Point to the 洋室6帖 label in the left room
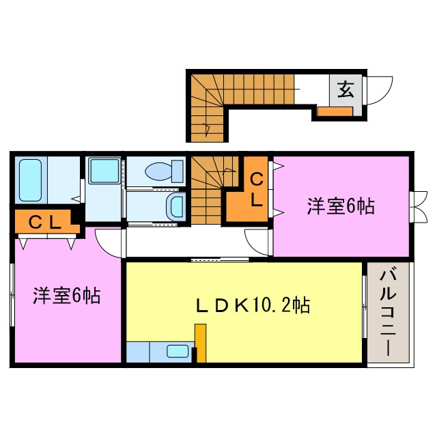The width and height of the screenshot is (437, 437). [x=67, y=296]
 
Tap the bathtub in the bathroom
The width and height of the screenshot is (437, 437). [x=30, y=180]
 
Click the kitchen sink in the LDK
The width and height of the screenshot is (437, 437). [x=178, y=352]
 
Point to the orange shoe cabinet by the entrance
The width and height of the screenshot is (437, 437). [x=335, y=112]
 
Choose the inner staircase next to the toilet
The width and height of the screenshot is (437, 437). [x=208, y=188]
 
